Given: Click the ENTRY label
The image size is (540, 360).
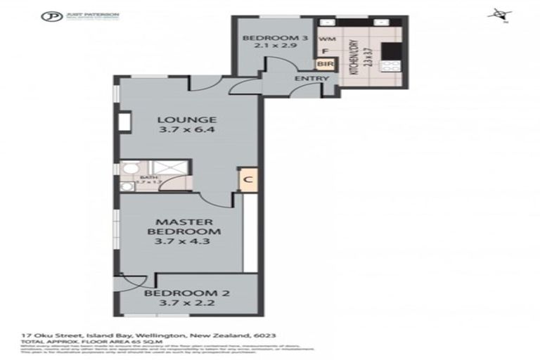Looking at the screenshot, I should (311, 79).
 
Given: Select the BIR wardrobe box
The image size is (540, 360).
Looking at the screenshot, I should (324, 64).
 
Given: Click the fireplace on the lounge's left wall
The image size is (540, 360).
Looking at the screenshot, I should (124, 121).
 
